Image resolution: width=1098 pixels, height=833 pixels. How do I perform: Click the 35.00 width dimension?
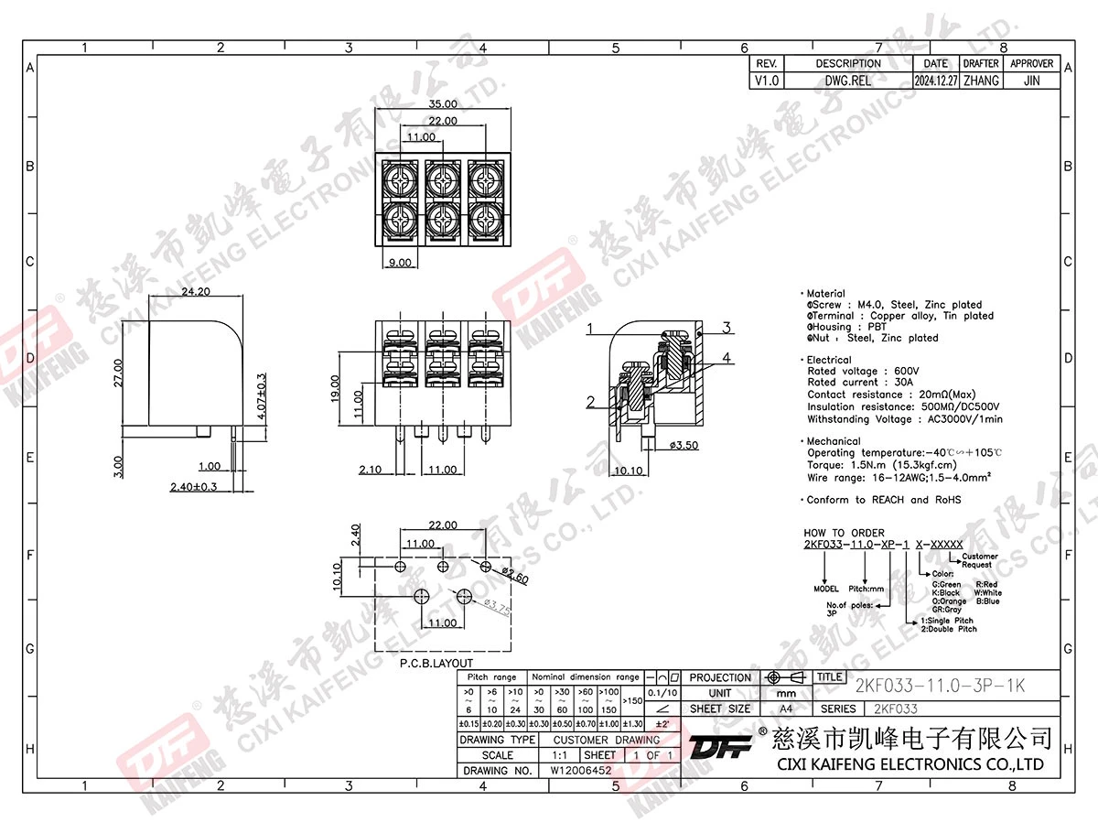444,104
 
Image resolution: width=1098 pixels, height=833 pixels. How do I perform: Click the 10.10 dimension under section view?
630,471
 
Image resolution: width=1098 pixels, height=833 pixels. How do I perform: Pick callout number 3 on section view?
725,328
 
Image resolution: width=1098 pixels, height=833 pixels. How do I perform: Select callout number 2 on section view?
591,402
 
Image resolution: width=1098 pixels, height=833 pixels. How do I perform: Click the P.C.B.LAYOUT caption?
436,663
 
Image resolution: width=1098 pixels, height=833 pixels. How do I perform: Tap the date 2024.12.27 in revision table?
936,81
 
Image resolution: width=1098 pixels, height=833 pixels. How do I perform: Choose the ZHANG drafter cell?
981,81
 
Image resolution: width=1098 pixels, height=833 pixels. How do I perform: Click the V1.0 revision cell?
767,81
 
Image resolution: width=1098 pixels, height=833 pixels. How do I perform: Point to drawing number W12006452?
581,771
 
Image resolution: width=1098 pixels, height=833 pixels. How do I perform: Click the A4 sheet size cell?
786,709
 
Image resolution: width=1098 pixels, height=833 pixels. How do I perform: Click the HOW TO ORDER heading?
844,533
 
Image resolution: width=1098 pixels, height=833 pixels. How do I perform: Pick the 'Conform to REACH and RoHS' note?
885,500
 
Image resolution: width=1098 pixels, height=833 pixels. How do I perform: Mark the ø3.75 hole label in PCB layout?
495,608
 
